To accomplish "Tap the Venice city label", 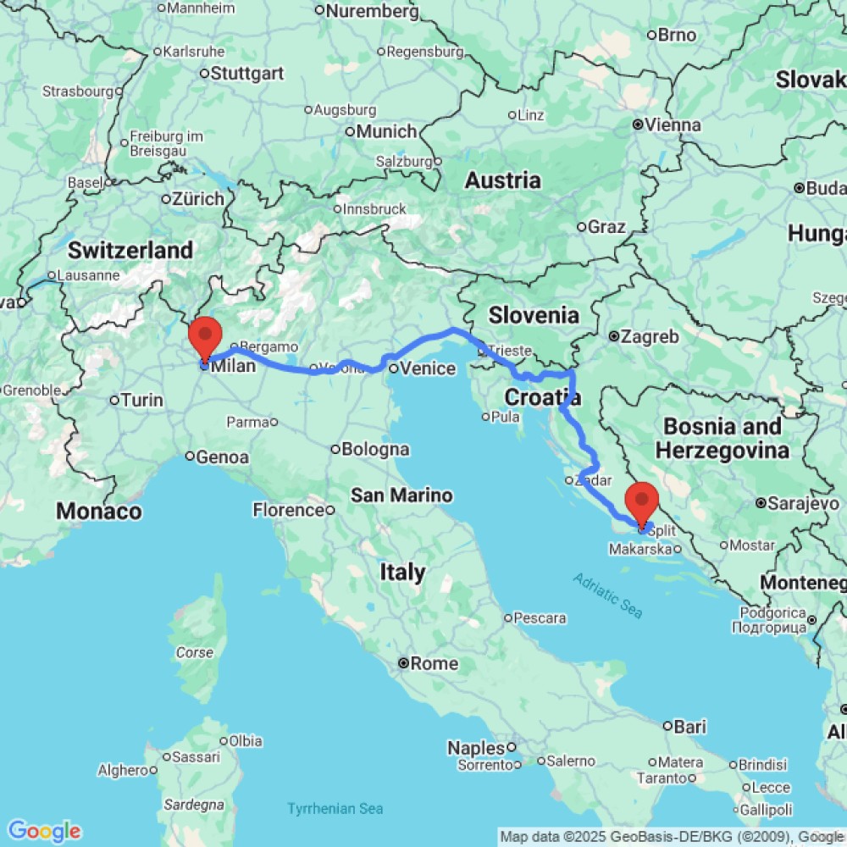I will (428, 368).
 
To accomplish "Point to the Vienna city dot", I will (637, 125).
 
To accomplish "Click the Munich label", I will (386, 131).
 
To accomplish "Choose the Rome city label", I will (434, 663).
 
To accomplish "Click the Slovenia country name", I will (534, 315).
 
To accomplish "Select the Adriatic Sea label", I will (607, 595).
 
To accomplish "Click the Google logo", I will (44, 831).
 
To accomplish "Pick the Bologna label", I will (376, 449).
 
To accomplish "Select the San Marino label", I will (401, 495).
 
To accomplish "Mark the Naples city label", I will (476, 748).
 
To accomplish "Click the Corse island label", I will (194, 653).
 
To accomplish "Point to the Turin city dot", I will (114, 400).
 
